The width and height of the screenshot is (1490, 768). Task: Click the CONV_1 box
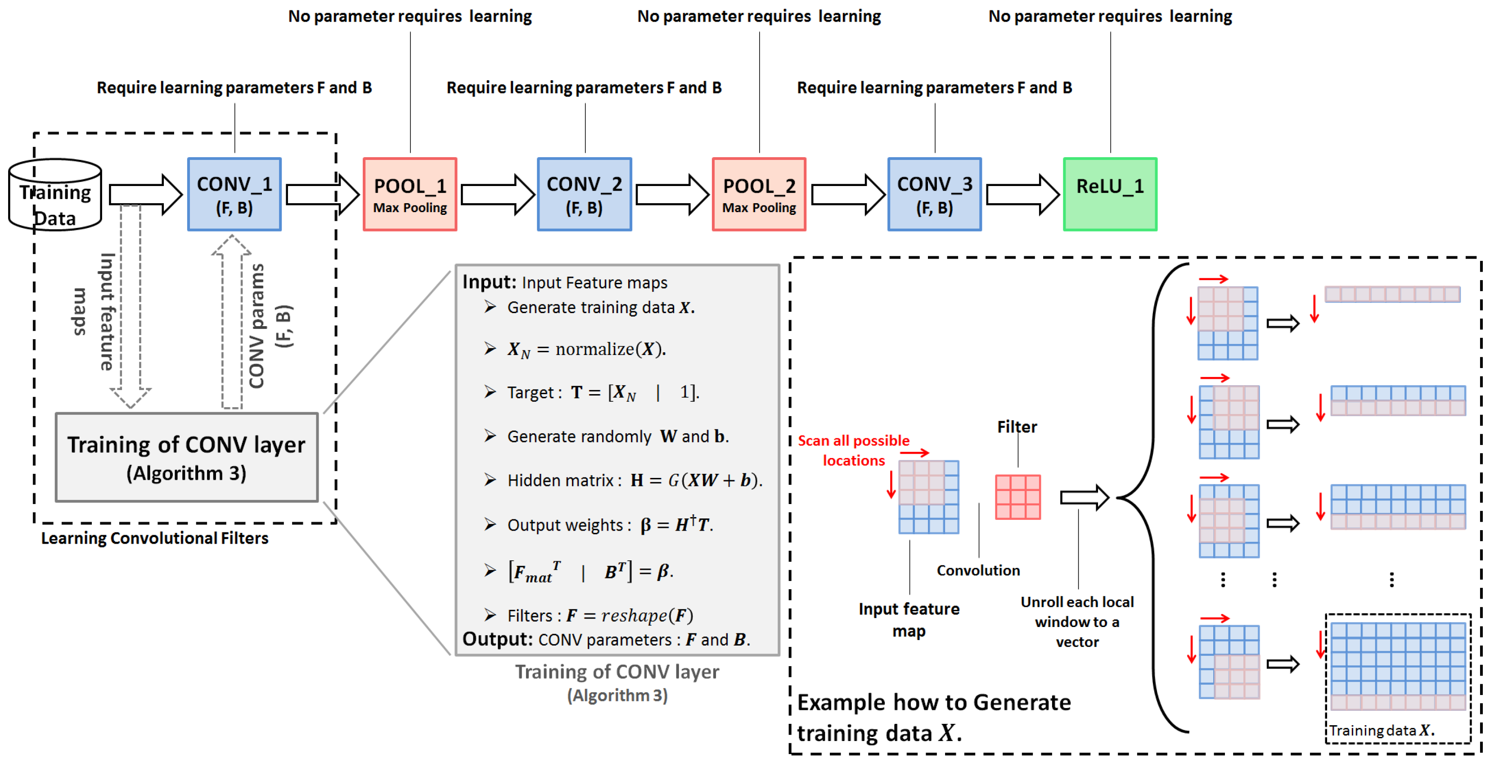pyautogui.click(x=234, y=195)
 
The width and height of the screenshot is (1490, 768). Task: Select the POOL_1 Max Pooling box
pyautogui.click(x=410, y=195)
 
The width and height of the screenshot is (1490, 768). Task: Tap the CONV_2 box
pyautogui.click(x=584, y=195)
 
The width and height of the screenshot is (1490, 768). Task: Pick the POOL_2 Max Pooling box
pyautogui.click(x=759, y=195)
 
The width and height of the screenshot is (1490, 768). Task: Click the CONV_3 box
pyautogui.click(x=934, y=195)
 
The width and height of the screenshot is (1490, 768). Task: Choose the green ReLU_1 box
pyautogui.click(x=1109, y=195)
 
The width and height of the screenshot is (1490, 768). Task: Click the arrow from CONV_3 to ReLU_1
pyautogui.click(x=1022, y=195)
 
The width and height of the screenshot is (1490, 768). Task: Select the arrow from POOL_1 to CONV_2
pyautogui.click(x=497, y=195)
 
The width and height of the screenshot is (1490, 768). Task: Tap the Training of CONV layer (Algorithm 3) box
pyautogui.click(x=186, y=457)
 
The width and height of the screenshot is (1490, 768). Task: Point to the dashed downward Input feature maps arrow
pyautogui.click(x=131, y=307)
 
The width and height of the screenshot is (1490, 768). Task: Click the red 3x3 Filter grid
pyautogui.click(x=1017, y=496)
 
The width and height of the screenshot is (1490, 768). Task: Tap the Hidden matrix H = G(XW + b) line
pyautogui.click(x=634, y=480)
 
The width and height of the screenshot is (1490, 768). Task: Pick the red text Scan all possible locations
pyautogui.click(x=853, y=450)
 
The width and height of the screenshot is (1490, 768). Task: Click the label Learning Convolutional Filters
pyautogui.click(x=154, y=538)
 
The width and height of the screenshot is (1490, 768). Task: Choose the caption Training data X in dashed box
pyautogui.click(x=1381, y=730)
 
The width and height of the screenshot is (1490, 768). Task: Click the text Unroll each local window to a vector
pyautogui.click(x=1076, y=622)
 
